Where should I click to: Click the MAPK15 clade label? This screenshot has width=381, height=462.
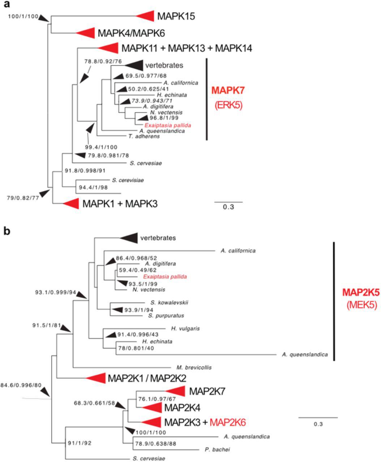pos(176,16)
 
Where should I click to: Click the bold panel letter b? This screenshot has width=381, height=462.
pos(7,231)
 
